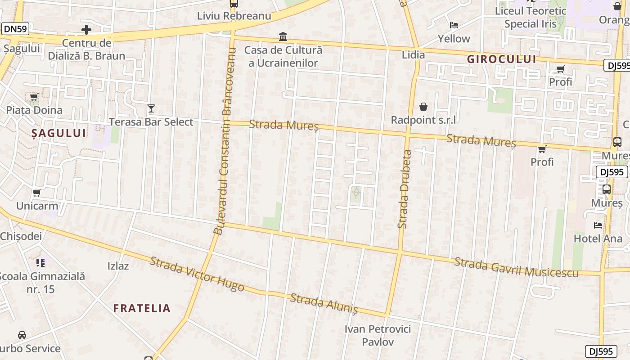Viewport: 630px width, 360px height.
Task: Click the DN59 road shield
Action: (15, 29)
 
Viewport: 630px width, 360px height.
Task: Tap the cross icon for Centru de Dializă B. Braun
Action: (86, 30)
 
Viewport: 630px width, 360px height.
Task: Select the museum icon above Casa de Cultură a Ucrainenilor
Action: (283, 36)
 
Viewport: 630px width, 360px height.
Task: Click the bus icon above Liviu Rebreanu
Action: (234, 4)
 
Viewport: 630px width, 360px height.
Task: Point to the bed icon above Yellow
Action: (454, 25)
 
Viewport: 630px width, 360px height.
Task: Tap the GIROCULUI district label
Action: (501, 59)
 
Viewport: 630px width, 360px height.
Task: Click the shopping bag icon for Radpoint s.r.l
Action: (423, 107)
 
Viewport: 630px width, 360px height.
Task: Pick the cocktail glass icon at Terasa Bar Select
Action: (151, 108)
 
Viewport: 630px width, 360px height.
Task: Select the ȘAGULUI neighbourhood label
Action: (58, 133)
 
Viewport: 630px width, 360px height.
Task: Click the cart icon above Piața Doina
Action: (34, 97)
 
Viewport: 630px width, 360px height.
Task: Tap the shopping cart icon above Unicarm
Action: (37, 193)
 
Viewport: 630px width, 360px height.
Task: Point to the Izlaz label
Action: (118, 266)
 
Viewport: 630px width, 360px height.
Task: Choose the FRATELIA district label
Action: (142, 308)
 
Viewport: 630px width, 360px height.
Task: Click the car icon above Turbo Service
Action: (22, 335)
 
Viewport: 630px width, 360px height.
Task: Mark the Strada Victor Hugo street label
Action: (197, 274)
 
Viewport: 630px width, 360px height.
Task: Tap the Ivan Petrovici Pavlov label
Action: (378, 335)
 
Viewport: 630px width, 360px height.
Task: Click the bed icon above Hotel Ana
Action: (598, 225)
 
